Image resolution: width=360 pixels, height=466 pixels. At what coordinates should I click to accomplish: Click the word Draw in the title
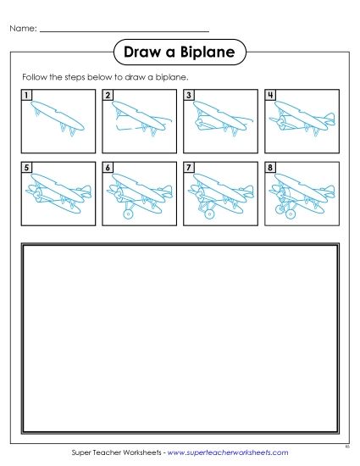click(x=141, y=53)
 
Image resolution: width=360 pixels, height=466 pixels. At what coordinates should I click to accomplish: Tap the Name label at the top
click(x=23, y=28)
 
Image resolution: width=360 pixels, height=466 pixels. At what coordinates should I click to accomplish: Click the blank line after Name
click(x=124, y=30)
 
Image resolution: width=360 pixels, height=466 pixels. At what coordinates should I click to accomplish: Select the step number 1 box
click(x=27, y=96)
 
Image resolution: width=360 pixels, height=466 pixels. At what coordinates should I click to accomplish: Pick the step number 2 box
click(x=108, y=96)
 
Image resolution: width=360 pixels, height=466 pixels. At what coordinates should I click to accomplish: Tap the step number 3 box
click(x=188, y=96)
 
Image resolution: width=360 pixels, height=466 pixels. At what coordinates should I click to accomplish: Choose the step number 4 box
click(x=269, y=96)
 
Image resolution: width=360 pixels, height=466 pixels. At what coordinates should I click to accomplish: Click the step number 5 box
click(x=27, y=168)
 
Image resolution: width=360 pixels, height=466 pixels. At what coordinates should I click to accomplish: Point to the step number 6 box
click(x=108, y=168)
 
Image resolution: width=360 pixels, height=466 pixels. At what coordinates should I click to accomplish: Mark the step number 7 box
click(x=188, y=168)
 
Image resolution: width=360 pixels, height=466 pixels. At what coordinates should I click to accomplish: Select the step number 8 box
click(x=269, y=168)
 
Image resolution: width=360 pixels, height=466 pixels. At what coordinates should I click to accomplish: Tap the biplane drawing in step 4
click(x=298, y=119)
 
